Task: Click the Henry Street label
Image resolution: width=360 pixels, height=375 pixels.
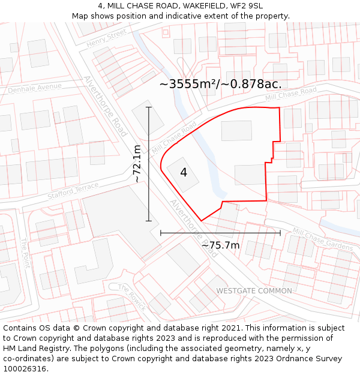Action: click(107, 38)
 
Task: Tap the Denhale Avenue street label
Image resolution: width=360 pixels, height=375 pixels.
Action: click(35, 88)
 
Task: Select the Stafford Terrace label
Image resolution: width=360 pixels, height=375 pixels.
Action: click(73, 191)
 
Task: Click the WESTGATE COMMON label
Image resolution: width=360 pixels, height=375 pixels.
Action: click(254, 291)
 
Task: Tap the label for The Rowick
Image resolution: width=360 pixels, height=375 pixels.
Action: click(131, 296)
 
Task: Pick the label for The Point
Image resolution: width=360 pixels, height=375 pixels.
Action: click(25, 253)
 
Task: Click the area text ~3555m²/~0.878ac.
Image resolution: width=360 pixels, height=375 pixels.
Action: click(220, 84)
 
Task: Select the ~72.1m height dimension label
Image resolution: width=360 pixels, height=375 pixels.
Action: click(137, 164)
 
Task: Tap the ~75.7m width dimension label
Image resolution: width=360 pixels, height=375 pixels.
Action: click(220, 245)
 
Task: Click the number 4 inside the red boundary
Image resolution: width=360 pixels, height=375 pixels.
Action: click(184, 173)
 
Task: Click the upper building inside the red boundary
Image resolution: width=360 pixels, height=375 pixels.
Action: click(236, 131)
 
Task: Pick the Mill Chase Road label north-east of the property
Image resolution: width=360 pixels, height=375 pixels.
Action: click(291, 94)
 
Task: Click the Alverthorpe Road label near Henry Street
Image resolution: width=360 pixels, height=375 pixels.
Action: click(106, 106)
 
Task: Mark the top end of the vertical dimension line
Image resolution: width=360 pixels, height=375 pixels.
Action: click(149, 107)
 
